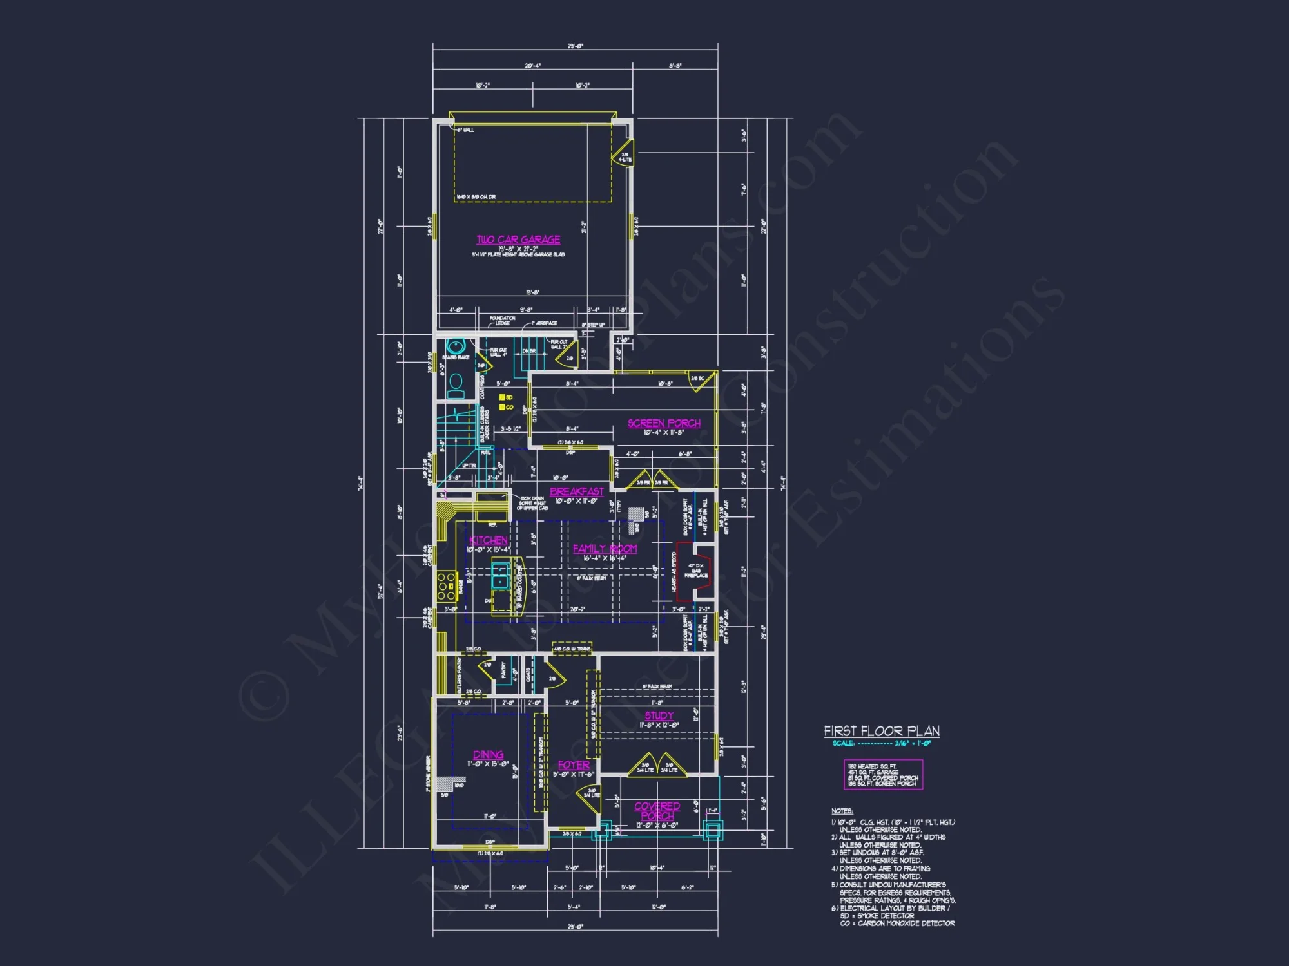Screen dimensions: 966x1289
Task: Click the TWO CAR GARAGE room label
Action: click(518, 240)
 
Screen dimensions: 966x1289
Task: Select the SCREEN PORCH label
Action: click(664, 423)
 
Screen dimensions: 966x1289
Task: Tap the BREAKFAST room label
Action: click(577, 491)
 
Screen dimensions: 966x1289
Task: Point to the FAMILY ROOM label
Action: click(605, 549)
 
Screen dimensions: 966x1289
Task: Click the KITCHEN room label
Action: click(488, 540)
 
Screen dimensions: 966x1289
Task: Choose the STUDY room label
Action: click(659, 715)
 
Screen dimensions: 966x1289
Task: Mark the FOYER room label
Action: click(573, 765)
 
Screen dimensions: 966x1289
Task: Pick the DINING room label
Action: click(488, 754)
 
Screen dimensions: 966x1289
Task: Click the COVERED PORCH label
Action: click(657, 811)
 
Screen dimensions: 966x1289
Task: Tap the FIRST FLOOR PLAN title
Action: click(881, 731)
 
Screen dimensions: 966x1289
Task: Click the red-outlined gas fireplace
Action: click(695, 571)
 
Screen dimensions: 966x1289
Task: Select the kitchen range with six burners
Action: click(446, 586)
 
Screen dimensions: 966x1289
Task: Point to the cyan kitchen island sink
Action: click(500, 575)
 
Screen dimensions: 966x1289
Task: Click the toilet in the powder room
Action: click(456, 384)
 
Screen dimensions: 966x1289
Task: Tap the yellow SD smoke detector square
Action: click(502, 397)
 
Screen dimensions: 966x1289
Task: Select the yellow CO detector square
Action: click(502, 407)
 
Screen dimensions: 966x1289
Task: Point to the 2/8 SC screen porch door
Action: click(703, 382)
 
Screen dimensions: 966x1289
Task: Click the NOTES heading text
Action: click(842, 811)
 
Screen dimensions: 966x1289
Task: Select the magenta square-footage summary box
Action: click(883, 775)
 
